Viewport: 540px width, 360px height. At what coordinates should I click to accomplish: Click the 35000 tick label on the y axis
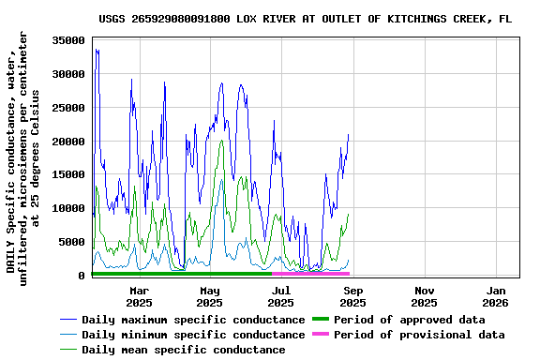point(69,40)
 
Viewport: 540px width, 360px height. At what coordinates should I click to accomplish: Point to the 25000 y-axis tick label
point(69,108)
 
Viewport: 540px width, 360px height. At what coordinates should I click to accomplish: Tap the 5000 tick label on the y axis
point(72,242)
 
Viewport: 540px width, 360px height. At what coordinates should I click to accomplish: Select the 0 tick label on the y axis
point(82,276)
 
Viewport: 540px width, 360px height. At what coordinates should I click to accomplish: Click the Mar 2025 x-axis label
point(139,296)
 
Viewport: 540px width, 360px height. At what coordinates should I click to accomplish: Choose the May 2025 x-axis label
point(210,296)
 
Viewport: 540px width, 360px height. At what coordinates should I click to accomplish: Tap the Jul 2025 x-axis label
point(281,296)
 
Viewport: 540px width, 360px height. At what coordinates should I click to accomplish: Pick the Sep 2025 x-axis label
point(352,296)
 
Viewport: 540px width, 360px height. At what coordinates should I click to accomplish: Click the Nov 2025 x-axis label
point(424,296)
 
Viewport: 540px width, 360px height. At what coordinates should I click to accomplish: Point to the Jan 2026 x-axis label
point(495,296)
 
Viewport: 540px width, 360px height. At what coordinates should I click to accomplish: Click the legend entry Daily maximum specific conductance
point(193,320)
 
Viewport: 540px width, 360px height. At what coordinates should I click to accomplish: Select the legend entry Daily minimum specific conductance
point(193,335)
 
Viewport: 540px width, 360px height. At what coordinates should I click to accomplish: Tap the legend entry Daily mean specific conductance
point(183,350)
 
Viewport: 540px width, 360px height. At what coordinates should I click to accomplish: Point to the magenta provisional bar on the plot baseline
point(310,274)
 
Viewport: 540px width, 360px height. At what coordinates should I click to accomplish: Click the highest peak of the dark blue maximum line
point(97,50)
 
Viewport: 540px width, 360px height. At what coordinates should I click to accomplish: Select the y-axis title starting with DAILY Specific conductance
point(23,157)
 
